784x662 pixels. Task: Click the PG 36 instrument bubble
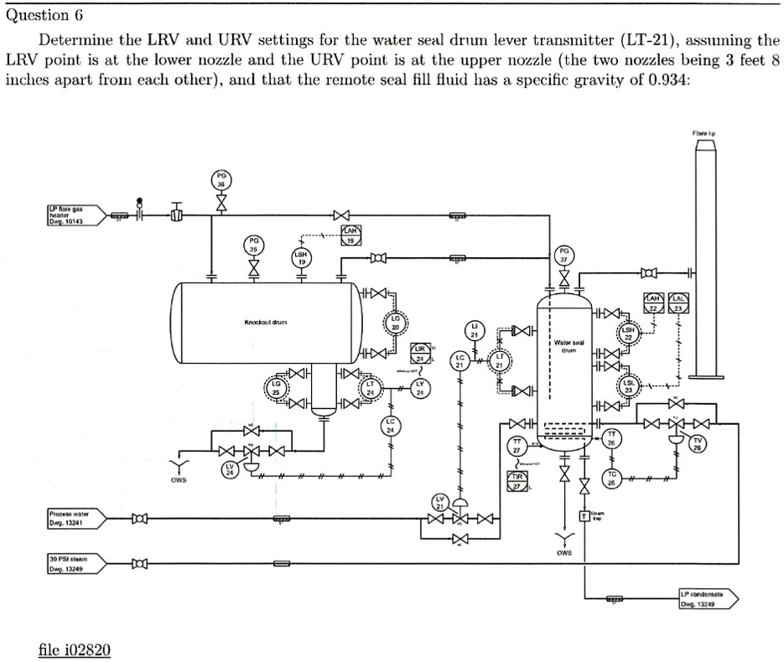[x=221, y=180]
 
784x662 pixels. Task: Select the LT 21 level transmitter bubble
[x=501, y=363]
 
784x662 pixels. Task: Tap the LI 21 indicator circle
[x=475, y=329]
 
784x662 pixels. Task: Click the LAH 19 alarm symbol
[x=350, y=235]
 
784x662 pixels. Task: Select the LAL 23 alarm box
[x=678, y=303]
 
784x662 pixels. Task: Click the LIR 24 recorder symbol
[x=422, y=353]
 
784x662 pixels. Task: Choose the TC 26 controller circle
[x=612, y=480]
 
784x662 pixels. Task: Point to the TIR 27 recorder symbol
[x=517, y=481]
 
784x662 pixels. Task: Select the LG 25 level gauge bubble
[x=276, y=387]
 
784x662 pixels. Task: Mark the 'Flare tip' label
[x=704, y=132]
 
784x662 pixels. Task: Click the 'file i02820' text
[x=75, y=649]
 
